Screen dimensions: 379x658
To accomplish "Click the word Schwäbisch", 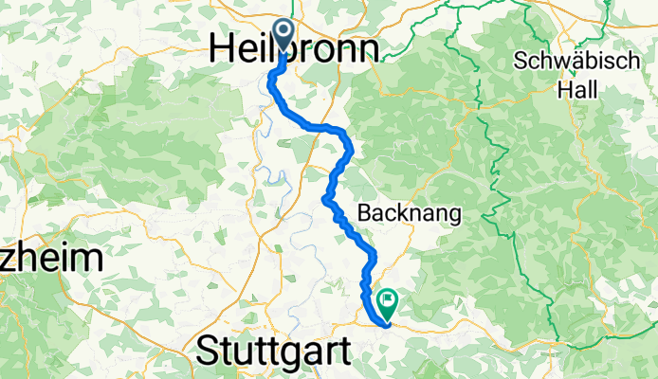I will point(572,62).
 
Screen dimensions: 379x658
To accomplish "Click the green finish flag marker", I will point(388,302).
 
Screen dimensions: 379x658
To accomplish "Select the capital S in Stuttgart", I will point(208,352).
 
